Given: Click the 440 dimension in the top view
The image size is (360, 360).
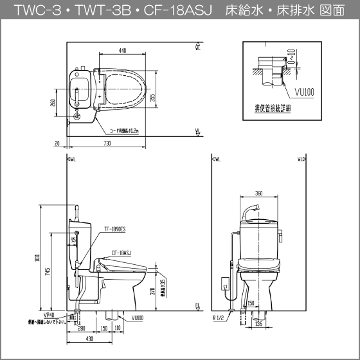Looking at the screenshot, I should (122, 51).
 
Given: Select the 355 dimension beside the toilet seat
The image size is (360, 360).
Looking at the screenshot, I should (152, 97).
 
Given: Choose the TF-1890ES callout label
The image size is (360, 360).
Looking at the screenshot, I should (114, 228).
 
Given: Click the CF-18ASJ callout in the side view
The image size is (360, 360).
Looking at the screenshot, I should (121, 253).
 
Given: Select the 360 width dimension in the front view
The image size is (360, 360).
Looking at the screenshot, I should (258, 193).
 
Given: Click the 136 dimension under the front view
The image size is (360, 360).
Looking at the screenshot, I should (258, 324).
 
